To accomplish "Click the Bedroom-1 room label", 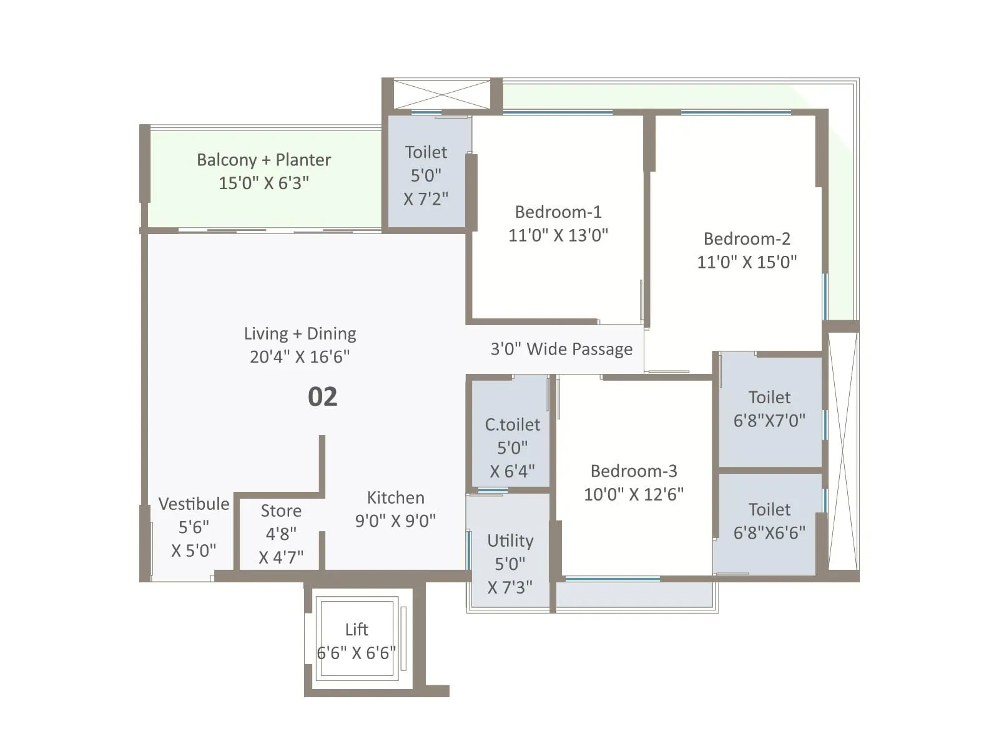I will pos(558,212).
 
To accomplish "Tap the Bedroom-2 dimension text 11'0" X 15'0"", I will pos(747,262).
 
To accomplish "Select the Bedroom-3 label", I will pos(634,471).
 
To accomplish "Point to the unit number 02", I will pos(322,397).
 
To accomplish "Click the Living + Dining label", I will pos(300,334).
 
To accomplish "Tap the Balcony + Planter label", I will pos(263,160).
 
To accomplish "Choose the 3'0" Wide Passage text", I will pos(561,349).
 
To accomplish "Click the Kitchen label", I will pos(395,498).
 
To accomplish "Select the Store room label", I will pos(281,511).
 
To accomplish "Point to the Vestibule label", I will pos(194,504).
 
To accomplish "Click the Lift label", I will pos(357,630).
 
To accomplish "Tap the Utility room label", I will pos(510,541).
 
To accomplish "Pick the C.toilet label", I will pos(512,425).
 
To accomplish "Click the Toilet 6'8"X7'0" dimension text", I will pos(769,421).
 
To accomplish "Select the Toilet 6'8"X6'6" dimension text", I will pos(769,533).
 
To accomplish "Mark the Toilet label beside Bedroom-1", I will pos(426,153).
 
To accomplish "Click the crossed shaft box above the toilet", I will pos(441,95).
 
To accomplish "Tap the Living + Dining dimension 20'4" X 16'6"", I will pos(300,357).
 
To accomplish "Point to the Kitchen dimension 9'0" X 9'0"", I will pos(395,521).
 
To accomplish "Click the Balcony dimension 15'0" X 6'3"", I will pos(263,184).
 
